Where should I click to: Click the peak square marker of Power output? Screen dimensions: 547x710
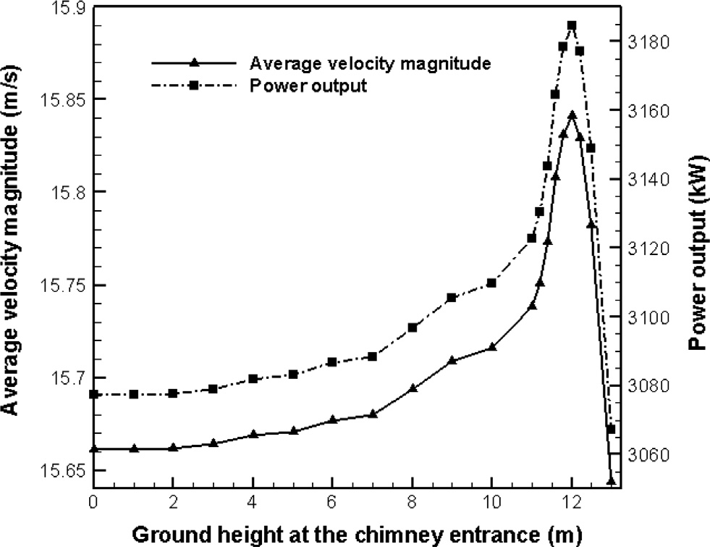coord(572,25)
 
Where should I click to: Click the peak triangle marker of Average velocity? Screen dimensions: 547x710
coord(572,114)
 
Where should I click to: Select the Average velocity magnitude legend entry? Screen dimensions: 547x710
coord(370,63)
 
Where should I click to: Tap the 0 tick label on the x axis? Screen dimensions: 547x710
coord(93,501)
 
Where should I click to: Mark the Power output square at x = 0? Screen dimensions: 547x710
coord(93,394)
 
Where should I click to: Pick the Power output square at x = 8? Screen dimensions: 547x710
coord(413,327)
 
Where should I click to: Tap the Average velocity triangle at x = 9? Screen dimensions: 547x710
coord(452,359)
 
